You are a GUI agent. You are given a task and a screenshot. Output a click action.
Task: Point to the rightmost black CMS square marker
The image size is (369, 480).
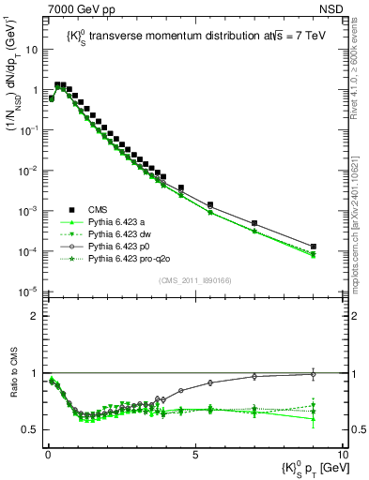pos(314,247)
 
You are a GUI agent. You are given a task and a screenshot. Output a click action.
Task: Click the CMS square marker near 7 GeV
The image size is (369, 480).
pos(254,223)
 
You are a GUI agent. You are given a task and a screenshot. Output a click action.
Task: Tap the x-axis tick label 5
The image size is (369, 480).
pos(194,453)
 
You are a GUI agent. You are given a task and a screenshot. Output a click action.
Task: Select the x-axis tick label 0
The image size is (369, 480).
pos(48,453)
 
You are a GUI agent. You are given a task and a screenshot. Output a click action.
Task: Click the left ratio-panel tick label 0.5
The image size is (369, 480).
pos(31,429)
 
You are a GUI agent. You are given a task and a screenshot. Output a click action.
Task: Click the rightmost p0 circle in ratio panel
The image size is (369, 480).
pos(314,373)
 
